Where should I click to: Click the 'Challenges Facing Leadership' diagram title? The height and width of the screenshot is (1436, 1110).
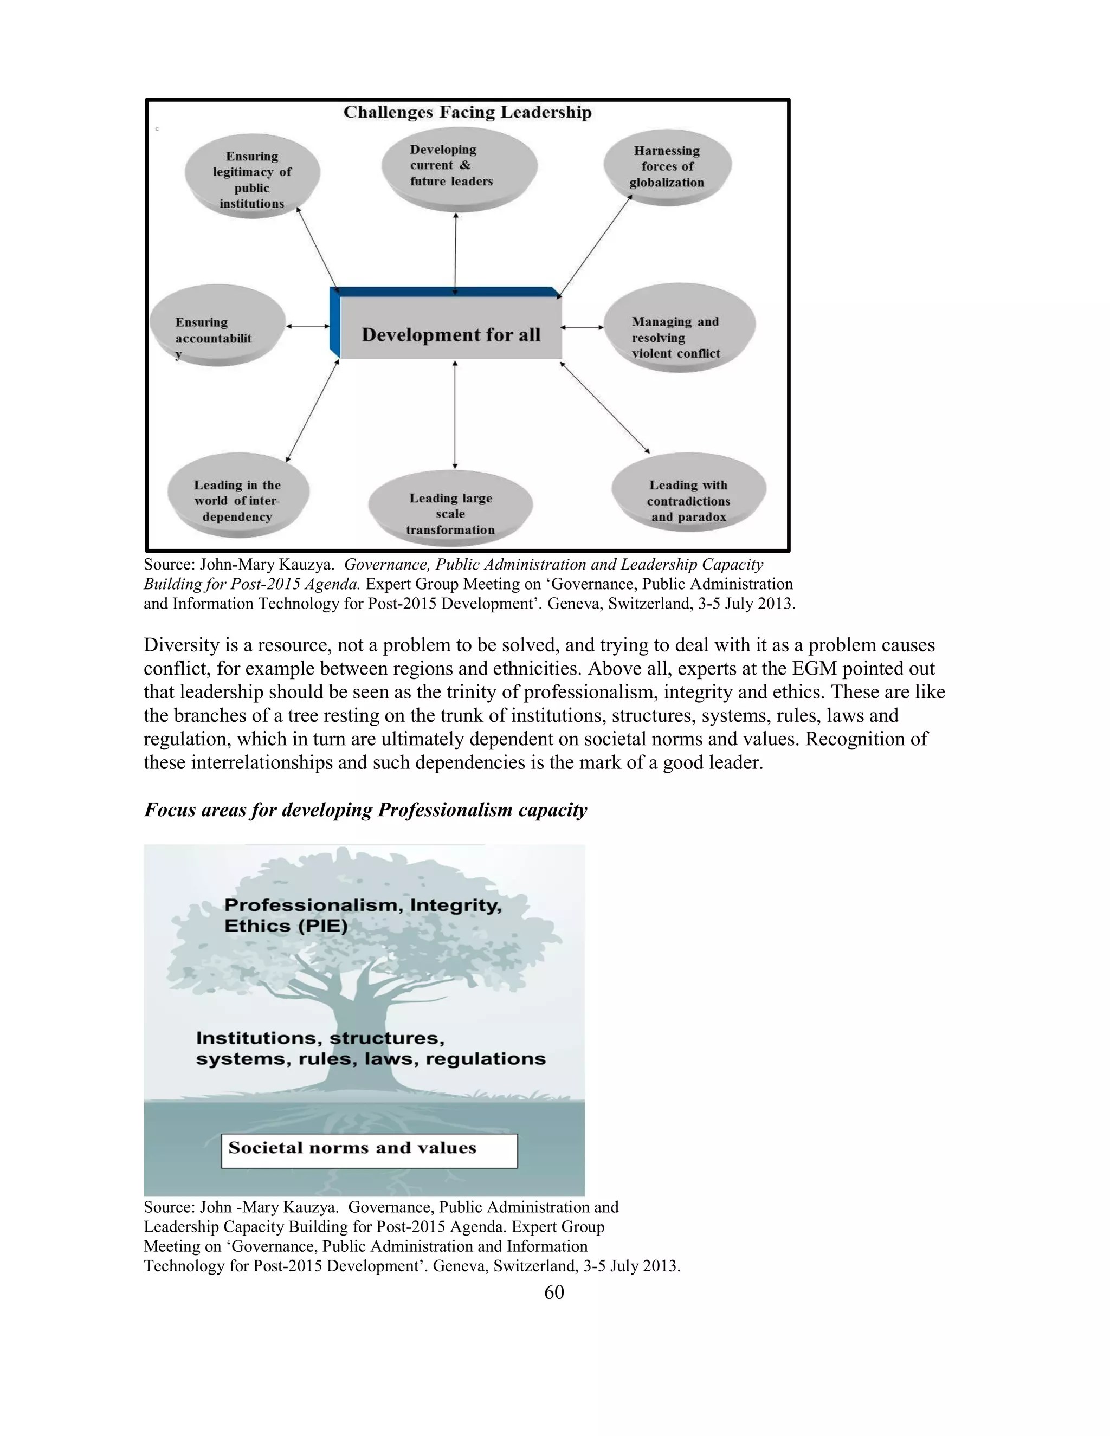(x=468, y=112)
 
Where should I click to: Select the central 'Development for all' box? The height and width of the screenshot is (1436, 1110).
(x=451, y=335)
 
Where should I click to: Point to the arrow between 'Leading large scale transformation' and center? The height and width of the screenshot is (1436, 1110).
(x=455, y=414)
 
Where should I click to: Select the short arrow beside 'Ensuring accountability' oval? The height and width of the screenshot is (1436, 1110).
(x=308, y=326)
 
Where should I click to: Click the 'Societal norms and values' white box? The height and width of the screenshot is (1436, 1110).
(x=369, y=1150)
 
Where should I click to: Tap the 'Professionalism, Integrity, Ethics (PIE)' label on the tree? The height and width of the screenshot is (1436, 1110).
(x=363, y=915)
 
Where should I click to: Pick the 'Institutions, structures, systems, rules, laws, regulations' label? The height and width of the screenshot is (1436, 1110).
(x=370, y=1048)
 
